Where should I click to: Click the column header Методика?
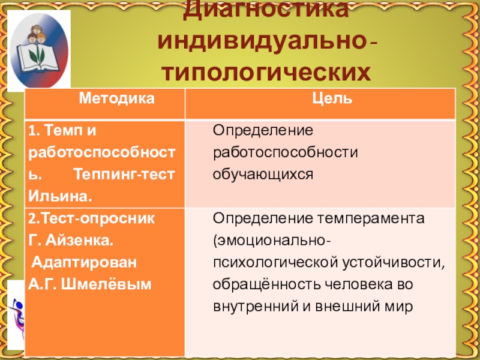tap(116, 99)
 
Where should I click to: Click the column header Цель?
tap(332, 99)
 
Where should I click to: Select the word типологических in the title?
tap(266, 73)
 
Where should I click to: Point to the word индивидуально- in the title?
tap(267, 42)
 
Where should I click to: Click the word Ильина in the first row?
tap(60, 196)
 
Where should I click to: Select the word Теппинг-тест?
tap(124, 175)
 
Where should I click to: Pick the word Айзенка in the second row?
tap(80, 241)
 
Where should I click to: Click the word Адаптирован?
tap(84, 263)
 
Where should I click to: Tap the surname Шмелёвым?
tap(106, 284)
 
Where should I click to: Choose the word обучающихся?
tap(263, 175)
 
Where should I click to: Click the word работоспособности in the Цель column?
tap(286, 153)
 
